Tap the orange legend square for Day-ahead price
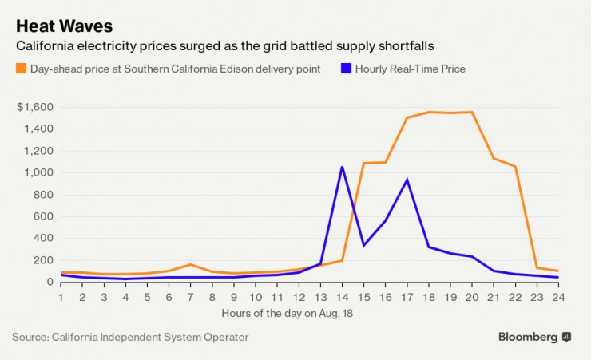click(20, 69)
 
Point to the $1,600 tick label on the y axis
click(36, 107)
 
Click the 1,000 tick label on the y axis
click(39, 172)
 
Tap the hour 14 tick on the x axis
click(342, 297)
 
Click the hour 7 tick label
click(190, 297)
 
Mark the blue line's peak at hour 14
click(342, 167)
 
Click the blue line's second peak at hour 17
click(407, 180)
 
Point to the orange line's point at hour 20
click(472, 112)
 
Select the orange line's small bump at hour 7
click(190, 264)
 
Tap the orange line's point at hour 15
click(364, 163)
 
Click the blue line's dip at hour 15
click(364, 245)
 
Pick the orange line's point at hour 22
click(516, 166)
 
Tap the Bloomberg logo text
click(528, 337)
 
